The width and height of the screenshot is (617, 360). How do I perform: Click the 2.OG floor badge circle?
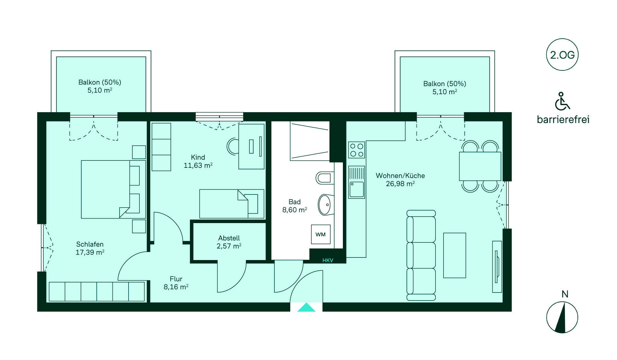point(562,55)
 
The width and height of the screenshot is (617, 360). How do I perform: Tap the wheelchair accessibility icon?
point(562,101)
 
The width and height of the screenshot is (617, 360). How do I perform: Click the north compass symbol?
point(562,318)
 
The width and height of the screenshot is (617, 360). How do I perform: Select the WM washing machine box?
point(320,234)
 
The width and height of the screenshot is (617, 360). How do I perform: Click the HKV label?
point(328,260)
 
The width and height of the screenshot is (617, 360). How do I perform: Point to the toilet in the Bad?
point(325,178)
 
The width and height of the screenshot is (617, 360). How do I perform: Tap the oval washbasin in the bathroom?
point(325,204)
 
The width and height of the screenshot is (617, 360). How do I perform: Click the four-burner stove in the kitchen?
point(357,150)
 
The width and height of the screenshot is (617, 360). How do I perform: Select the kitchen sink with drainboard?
point(357,182)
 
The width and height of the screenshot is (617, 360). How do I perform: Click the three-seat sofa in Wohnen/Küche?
point(421,256)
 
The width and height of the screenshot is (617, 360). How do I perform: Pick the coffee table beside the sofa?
point(454,255)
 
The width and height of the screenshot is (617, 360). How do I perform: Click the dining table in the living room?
point(480,166)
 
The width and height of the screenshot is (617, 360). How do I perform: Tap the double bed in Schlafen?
point(109,189)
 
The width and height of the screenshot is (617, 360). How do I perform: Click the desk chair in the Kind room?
point(233,146)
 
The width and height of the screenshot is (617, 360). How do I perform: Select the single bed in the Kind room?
point(231,203)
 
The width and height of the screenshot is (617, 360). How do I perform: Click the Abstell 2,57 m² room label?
point(229,242)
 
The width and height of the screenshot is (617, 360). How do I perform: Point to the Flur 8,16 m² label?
point(176,283)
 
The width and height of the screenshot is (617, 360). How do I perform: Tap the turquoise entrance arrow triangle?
point(306,308)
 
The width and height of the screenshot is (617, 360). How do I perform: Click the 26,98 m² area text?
point(400,184)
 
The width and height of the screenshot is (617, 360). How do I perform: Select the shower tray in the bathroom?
point(309,141)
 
